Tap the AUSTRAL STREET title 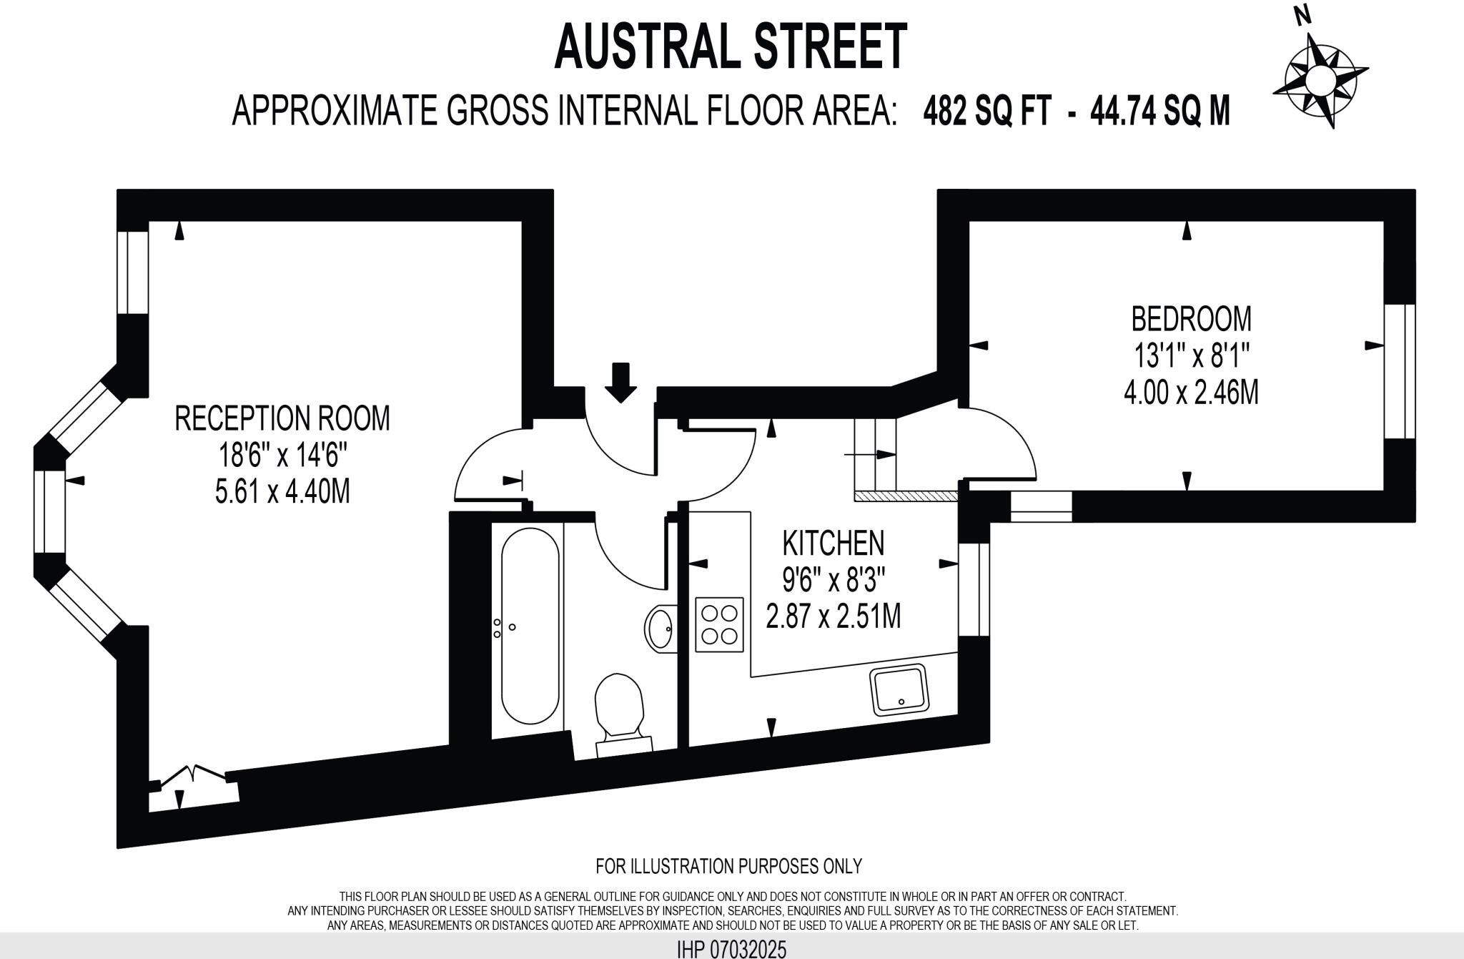731,46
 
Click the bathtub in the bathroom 530,626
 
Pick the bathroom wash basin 661,629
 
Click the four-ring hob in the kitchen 719,624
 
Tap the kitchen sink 899,689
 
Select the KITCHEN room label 834,544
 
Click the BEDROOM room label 1191,319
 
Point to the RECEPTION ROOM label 282,418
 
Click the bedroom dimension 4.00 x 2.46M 1191,393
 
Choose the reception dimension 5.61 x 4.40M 282,491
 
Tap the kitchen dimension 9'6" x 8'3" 834,580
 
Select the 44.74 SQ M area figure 1159,112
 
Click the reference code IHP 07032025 731,950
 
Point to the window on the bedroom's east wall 1399,371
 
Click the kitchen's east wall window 974,589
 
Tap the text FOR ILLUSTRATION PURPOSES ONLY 728,866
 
